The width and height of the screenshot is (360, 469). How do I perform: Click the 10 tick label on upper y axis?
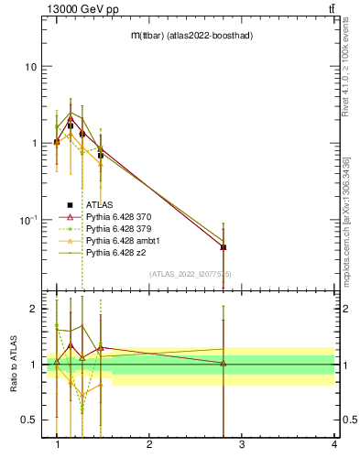29,67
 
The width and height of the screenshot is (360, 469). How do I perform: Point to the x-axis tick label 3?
242,444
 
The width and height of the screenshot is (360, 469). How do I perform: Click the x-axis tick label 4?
334,444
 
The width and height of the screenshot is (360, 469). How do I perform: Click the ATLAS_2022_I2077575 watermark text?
191,273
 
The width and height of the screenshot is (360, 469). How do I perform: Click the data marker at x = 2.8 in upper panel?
224,246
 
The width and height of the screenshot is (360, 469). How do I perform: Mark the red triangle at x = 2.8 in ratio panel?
224,364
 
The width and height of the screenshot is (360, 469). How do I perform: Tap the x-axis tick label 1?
58,444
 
